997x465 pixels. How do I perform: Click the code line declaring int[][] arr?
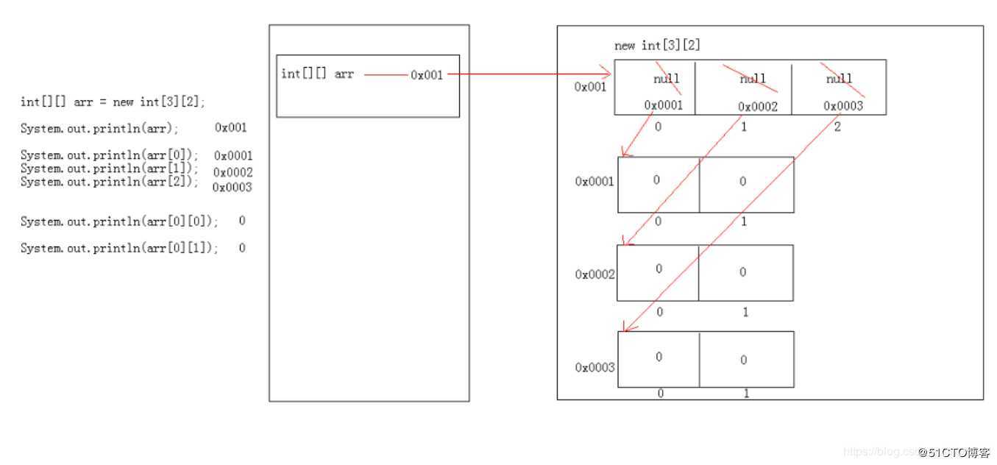pos(113,102)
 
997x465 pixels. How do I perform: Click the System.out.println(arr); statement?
pos(99,128)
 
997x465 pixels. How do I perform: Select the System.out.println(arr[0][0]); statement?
pos(119,221)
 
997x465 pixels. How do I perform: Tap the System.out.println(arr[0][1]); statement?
pos(119,249)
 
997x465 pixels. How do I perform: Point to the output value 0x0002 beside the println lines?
pos(233,172)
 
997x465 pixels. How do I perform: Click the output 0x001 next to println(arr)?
pos(231,127)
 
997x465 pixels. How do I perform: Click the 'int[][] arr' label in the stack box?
pos(317,74)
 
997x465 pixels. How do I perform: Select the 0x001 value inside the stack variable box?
pos(427,75)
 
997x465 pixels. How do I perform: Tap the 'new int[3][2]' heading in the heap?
pos(657,46)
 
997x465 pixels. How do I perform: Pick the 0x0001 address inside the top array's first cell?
pos(663,105)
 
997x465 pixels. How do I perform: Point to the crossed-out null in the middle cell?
pos(753,79)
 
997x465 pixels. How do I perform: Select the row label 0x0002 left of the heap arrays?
pos(595,274)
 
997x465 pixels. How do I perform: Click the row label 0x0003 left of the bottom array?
pos(595,367)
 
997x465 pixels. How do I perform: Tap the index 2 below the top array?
pos(837,127)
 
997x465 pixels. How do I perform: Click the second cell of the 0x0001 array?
pos(746,184)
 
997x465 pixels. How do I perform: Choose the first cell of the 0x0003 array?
pos(659,359)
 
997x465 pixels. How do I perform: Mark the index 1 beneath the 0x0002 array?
pos(745,312)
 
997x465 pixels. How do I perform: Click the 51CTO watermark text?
pos(954,452)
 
